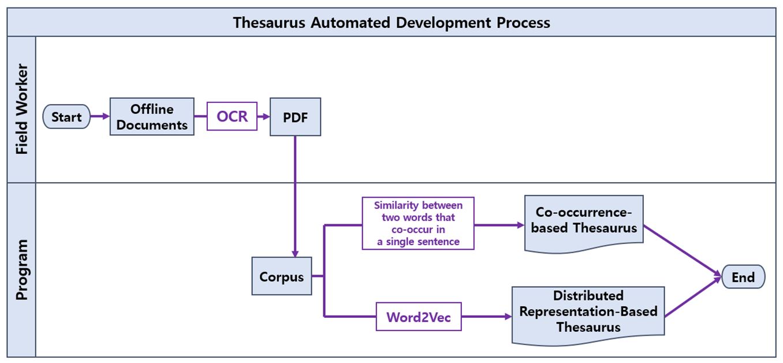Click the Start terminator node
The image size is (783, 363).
66,117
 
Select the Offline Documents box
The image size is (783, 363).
152,117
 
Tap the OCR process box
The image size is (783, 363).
232,116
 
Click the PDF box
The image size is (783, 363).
296,117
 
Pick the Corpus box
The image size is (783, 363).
282,276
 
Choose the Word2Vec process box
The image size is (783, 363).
419,316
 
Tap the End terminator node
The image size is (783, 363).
743,277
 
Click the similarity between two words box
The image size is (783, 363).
418,223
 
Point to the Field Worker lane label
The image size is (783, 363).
22,109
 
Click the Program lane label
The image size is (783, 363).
22,270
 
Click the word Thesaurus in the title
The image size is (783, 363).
269,23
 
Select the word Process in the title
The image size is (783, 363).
523,23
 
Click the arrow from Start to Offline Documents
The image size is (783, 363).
100,116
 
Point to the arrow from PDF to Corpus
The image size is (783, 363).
295,197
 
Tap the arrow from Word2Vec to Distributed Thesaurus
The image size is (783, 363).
487,316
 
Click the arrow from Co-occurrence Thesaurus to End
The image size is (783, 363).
683,251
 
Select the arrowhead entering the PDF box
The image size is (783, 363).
266,117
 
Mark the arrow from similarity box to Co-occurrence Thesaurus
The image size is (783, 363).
499,225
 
